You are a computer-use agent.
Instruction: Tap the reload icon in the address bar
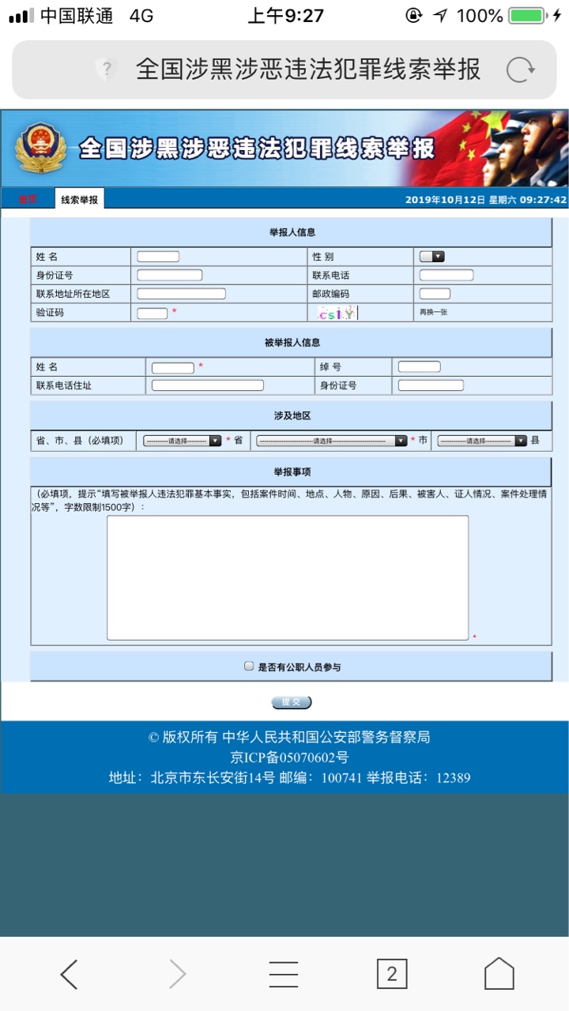point(520,70)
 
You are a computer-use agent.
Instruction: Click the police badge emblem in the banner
point(36,148)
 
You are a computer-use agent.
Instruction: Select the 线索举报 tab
point(80,200)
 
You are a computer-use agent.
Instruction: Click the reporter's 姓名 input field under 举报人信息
point(158,257)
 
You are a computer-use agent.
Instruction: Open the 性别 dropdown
point(431,257)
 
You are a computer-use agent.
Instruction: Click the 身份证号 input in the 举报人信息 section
point(169,276)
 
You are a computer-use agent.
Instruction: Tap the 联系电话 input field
point(446,276)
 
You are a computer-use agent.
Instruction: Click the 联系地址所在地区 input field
point(181,294)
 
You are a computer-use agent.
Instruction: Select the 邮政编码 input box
point(435,294)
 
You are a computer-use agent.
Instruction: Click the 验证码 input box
point(152,314)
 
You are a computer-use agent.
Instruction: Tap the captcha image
point(337,314)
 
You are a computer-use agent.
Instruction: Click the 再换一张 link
point(433,313)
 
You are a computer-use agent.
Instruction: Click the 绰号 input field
point(419,366)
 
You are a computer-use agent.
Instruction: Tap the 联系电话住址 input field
point(207,385)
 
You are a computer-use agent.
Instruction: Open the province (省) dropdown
point(182,441)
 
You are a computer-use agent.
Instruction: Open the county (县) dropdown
point(481,441)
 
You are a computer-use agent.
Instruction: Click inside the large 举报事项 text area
point(288,577)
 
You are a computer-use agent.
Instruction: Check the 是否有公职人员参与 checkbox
point(249,666)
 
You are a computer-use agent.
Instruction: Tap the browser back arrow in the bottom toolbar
point(70,974)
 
